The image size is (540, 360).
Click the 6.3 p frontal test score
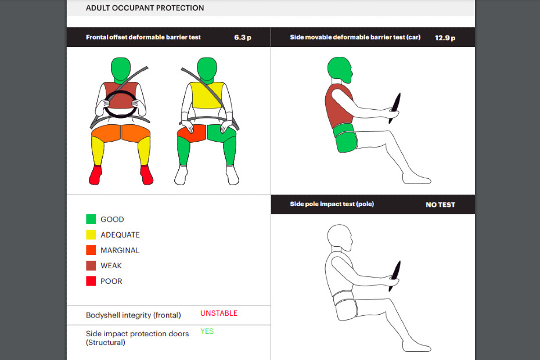click(x=243, y=38)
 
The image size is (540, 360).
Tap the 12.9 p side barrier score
click(x=445, y=38)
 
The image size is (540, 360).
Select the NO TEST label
click(x=441, y=204)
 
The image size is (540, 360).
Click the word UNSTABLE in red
click(x=219, y=313)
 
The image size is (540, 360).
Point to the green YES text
click(x=207, y=331)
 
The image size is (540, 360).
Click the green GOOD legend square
click(x=91, y=219)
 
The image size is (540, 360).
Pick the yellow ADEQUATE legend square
click(x=91, y=235)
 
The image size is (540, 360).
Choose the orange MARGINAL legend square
click(x=91, y=250)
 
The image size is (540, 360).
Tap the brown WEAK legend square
click(x=91, y=265)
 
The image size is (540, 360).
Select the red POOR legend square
click(x=91, y=281)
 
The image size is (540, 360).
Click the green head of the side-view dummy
click(x=339, y=69)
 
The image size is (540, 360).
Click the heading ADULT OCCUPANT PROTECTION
click(x=145, y=8)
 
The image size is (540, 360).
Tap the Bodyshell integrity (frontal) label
click(x=134, y=315)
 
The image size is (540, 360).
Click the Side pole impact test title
click(x=332, y=204)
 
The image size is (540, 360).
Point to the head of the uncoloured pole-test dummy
click(x=339, y=237)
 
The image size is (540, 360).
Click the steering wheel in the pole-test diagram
click(x=395, y=276)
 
